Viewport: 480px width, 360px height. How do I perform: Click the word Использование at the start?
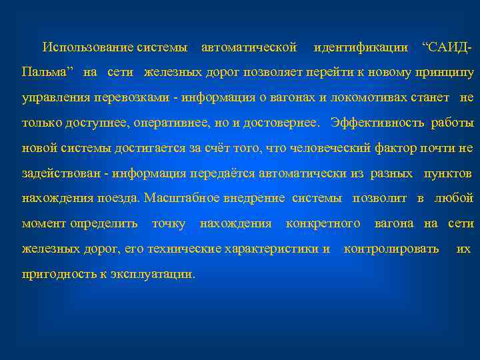point(87,47)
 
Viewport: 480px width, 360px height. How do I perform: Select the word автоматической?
point(249,47)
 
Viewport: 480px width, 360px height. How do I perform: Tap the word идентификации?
point(361,47)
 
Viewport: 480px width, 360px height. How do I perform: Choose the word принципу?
point(443,72)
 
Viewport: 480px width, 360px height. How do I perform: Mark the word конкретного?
point(323,223)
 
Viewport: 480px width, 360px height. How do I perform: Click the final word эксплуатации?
point(154,274)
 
